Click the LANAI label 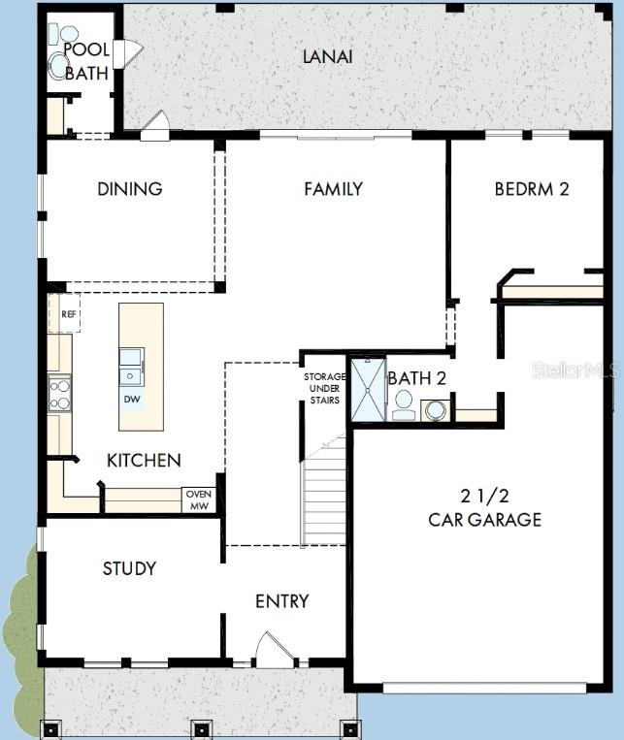pos(327,56)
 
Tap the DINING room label pos(129,189)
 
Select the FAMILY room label pos(333,189)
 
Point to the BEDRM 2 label pos(531,189)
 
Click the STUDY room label pos(129,568)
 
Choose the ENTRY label pos(281,601)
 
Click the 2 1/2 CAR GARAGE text pos(484,508)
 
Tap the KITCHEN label pos(144,460)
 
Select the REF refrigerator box pos(67,314)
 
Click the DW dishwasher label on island pos(131,399)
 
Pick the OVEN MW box pos(198,499)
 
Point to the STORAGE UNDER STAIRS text pos(323,388)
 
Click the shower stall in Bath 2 pos(369,390)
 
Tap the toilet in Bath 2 pos(404,404)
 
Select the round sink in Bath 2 pos(436,409)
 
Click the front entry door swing pos(274,650)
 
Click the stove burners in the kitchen pos(60,394)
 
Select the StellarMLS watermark pos(578,370)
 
